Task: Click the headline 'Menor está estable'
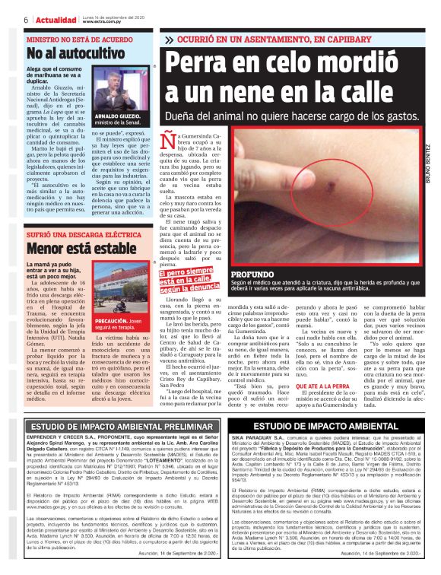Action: tap(70, 247)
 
